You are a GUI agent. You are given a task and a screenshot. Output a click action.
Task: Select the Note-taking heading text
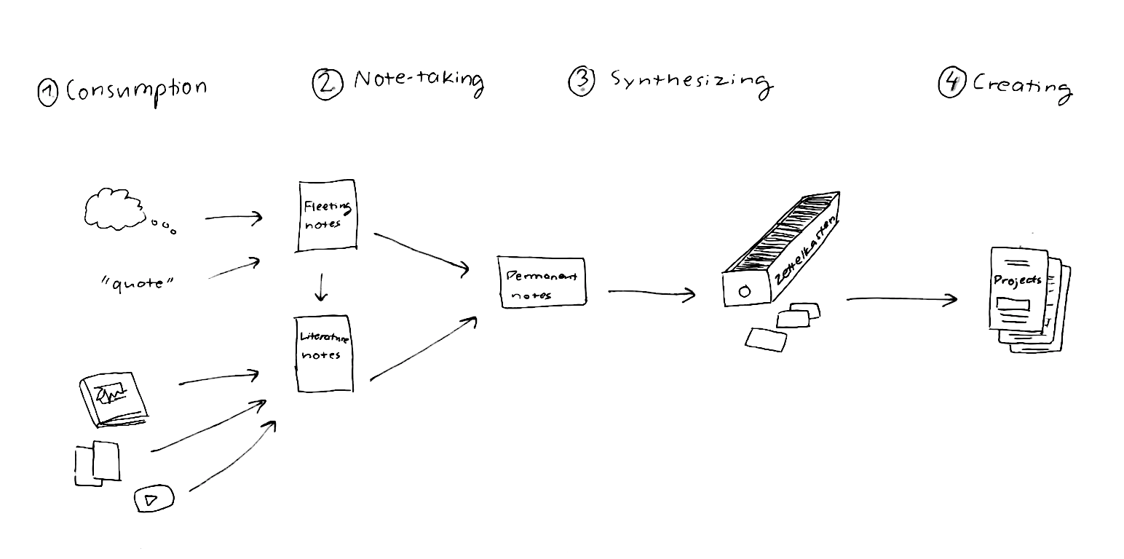pos(419,80)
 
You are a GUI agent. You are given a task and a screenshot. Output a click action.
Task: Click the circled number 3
pos(581,82)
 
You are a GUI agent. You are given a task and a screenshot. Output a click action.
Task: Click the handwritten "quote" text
pos(138,282)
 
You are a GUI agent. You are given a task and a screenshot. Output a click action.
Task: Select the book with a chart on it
pos(114,399)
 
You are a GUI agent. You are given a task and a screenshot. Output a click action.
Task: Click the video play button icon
pos(154,499)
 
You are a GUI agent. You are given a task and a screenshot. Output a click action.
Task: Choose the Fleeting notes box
pos(328,216)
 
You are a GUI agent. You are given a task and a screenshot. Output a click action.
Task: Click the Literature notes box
pos(324,354)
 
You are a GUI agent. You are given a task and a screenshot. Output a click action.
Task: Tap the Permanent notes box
pos(542,282)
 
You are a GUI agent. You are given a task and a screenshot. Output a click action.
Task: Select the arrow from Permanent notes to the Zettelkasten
pos(651,293)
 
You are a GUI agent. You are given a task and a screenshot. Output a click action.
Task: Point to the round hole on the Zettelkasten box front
pos(744,292)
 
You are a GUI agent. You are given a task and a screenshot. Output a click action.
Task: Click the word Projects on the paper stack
pos(1017,280)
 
